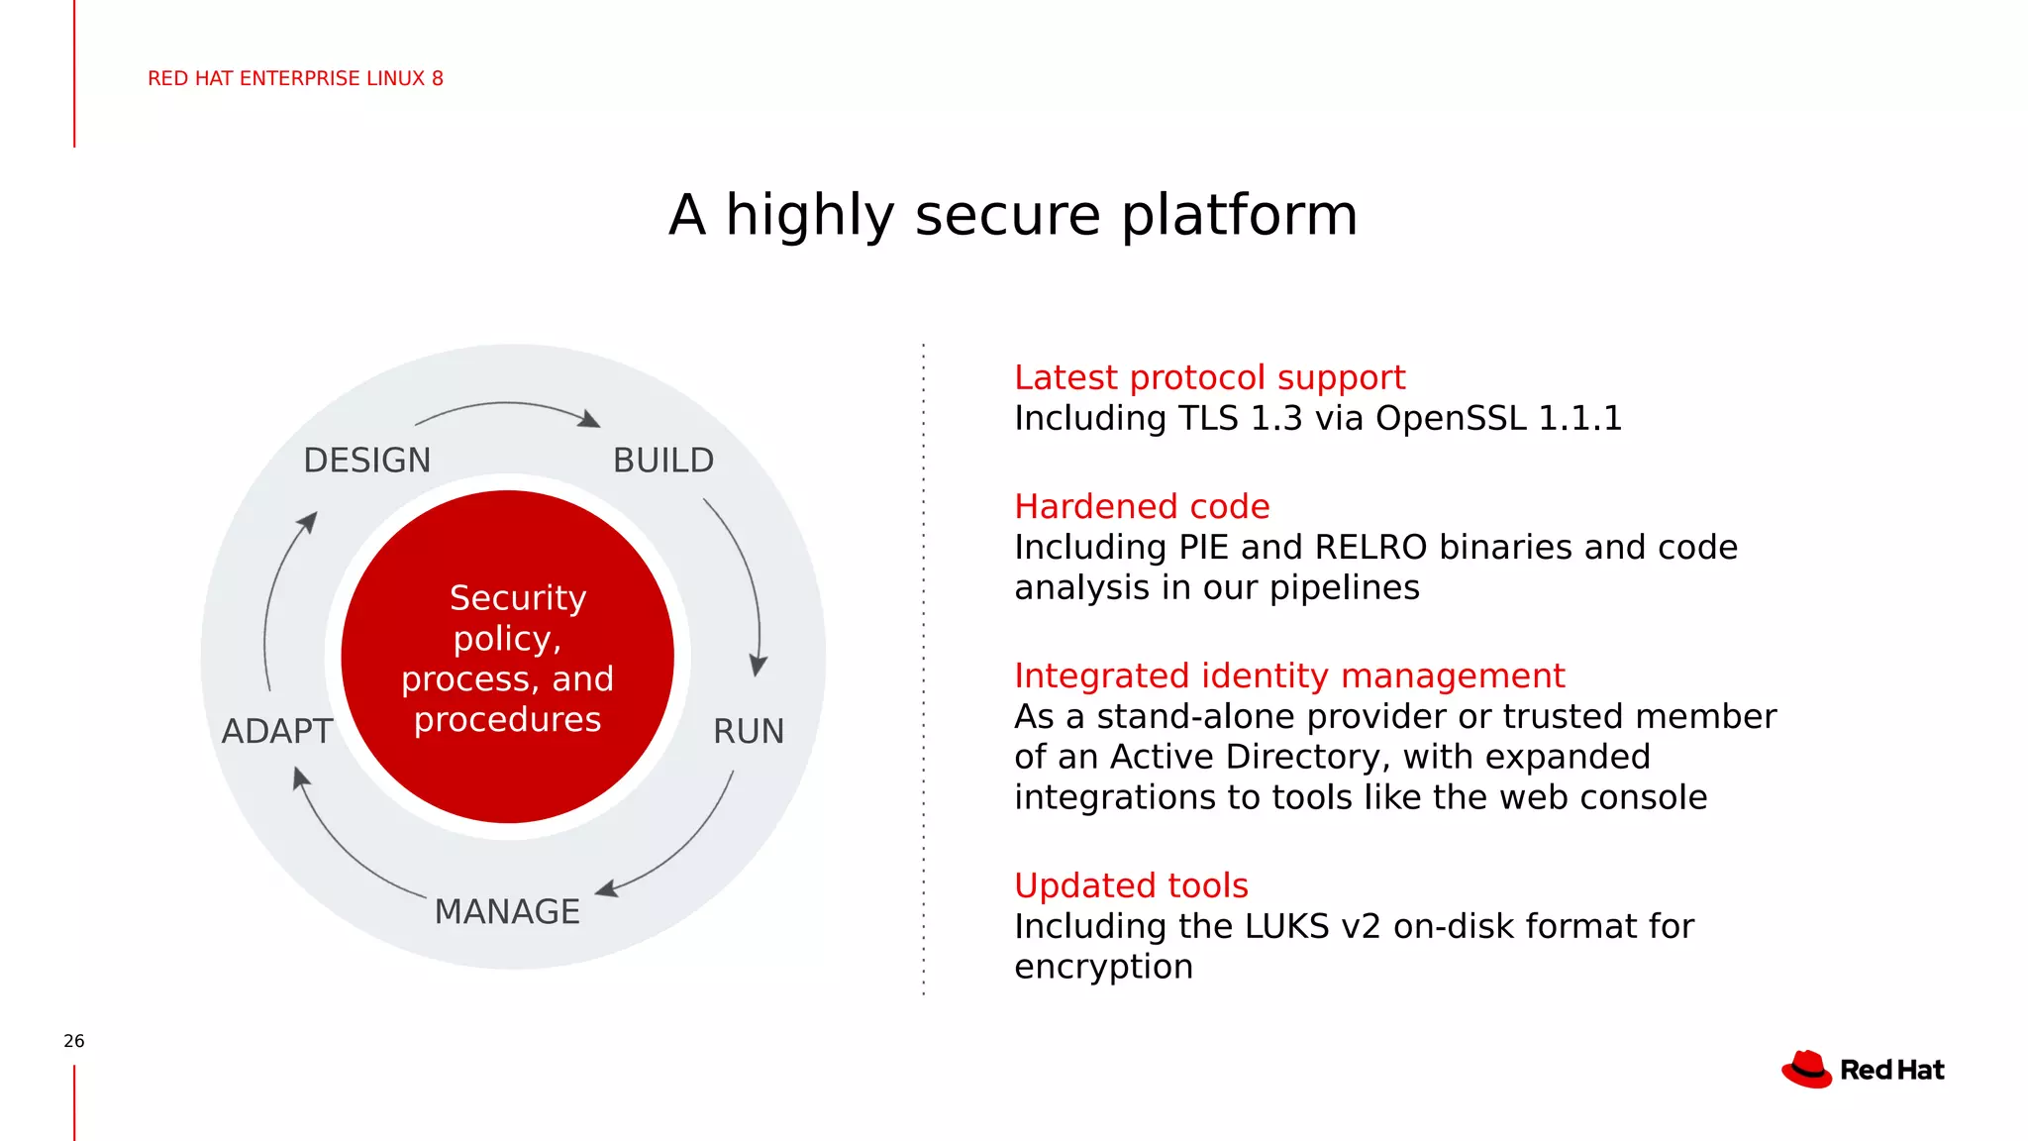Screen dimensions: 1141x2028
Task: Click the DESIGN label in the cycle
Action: (367, 461)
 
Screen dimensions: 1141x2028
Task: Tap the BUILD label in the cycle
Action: (662, 461)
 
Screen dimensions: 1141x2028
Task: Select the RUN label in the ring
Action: (749, 732)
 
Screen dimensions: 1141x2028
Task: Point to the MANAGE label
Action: (507, 912)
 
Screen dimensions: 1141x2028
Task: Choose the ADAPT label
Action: (277, 732)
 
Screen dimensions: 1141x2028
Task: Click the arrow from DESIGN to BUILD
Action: (507, 405)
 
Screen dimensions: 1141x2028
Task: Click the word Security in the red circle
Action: (518, 598)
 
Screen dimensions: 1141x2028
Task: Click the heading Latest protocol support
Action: (1209, 377)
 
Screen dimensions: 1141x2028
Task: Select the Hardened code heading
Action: (1142, 506)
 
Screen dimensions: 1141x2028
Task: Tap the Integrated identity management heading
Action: (1289, 675)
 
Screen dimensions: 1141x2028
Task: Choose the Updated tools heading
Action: (1131, 885)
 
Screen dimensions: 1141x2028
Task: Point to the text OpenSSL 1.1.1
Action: (1498, 418)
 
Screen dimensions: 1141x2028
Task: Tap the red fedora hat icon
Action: (1807, 1070)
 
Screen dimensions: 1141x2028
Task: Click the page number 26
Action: (74, 1041)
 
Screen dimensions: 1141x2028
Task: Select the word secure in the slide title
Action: (1007, 215)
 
